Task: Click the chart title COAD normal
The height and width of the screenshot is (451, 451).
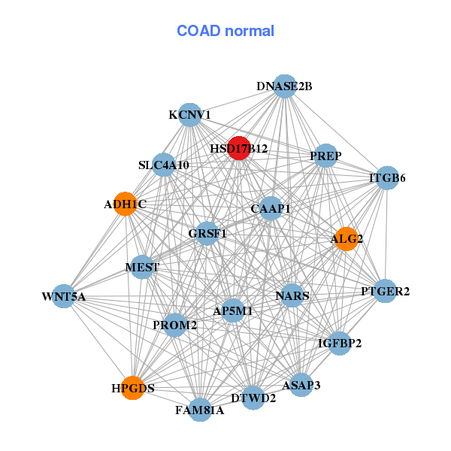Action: tap(225, 31)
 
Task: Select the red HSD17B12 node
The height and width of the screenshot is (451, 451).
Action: tap(239, 148)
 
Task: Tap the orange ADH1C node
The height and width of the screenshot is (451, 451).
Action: tap(126, 204)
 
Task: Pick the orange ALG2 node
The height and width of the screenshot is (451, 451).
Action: tap(346, 239)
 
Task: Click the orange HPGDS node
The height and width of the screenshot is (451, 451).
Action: tap(132, 388)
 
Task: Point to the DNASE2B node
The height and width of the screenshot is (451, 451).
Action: tap(284, 86)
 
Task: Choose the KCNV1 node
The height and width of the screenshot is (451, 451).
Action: tap(189, 115)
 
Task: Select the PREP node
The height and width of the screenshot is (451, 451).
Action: tap(325, 156)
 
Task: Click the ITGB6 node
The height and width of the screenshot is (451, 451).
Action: tap(387, 178)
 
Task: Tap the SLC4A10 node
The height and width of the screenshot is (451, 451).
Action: tap(164, 165)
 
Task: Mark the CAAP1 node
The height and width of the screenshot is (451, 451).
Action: tap(271, 207)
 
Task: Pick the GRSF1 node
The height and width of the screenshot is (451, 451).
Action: tap(207, 234)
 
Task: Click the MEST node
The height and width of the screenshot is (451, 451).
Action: tap(143, 267)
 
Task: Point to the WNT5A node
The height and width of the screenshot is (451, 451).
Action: tap(64, 296)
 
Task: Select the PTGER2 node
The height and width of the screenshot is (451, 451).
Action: tap(385, 291)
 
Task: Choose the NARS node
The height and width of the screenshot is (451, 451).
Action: tap(292, 295)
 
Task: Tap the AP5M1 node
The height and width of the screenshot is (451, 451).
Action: tap(234, 310)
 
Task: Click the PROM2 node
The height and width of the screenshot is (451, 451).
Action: tap(174, 325)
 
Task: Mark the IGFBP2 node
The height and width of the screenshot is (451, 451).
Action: tap(340, 344)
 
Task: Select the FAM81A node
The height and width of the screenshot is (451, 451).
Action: tap(200, 410)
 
